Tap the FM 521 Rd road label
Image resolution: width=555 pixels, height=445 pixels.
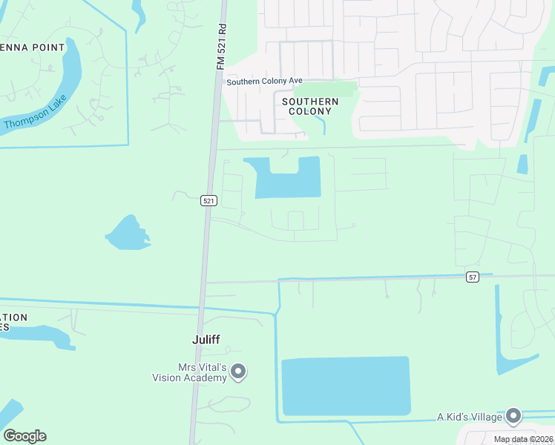pos(220,46)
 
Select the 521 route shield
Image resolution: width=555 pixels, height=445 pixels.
pos(208,200)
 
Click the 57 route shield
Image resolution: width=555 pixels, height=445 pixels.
pos(473,277)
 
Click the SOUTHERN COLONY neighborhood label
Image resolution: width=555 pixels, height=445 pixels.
pos(310,106)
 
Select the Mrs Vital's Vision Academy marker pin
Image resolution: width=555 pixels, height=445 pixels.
pos(238,371)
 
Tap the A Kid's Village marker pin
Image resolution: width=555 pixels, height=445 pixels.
pos(513,416)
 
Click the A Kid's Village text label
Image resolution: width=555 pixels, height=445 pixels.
pos(470,417)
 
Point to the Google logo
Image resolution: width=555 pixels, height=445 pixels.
pos(24,435)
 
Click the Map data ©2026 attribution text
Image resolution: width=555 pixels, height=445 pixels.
pos(523,439)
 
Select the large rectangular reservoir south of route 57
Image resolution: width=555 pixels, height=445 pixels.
pos(346,386)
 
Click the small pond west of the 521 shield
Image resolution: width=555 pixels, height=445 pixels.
pos(128,234)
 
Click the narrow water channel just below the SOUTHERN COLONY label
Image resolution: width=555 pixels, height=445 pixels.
pos(323,126)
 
